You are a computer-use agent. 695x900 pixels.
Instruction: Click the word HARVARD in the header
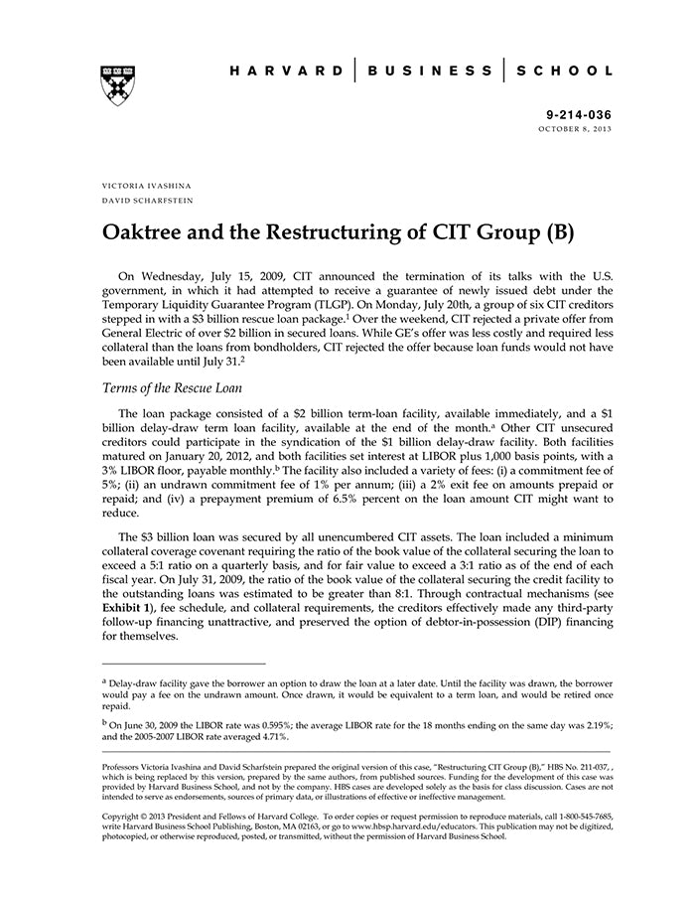point(283,72)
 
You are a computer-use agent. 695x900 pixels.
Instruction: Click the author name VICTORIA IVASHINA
point(147,186)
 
